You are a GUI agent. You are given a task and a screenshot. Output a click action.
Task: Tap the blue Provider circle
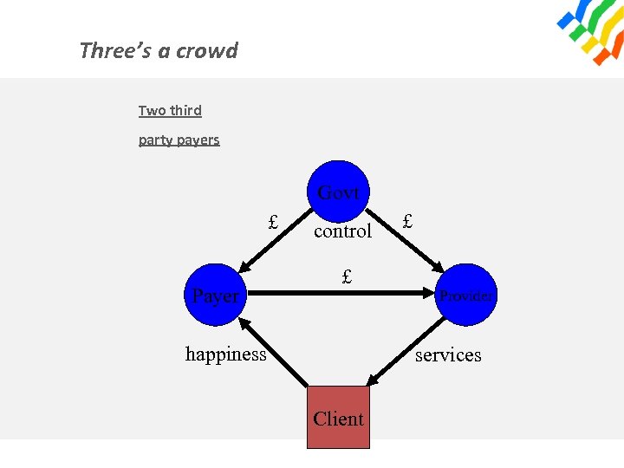click(465, 296)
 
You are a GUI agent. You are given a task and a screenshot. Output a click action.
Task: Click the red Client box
click(338, 418)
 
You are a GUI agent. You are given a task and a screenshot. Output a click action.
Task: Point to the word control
click(342, 231)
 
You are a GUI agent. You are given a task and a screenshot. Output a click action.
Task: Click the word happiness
click(226, 354)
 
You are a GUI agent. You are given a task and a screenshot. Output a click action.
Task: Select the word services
click(448, 354)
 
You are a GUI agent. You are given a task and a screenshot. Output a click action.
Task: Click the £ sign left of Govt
click(273, 222)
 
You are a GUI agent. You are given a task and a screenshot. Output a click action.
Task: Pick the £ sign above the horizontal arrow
click(347, 277)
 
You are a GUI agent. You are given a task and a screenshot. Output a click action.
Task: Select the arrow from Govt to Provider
click(406, 242)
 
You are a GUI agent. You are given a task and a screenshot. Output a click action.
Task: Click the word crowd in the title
click(209, 50)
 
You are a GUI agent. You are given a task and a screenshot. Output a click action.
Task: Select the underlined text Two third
click(170, 111)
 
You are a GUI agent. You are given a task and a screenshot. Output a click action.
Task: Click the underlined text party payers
click(179, 140)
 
